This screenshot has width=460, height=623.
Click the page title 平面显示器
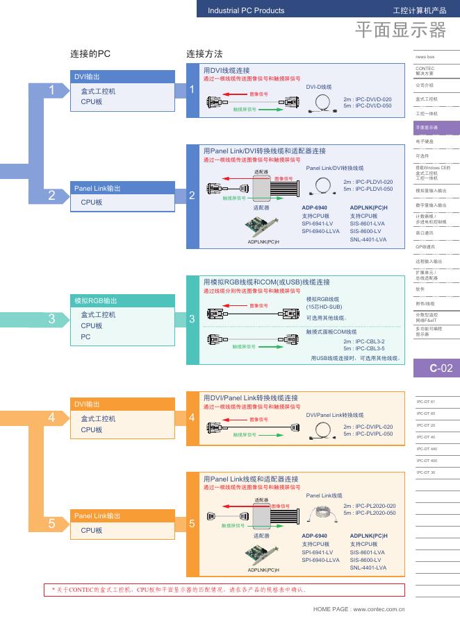[400, 30]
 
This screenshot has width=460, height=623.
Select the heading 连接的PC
[90, 54]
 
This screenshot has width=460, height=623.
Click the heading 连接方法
[204, 54]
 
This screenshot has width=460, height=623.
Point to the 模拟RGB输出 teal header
[96, 301]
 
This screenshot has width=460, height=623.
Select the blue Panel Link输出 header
[97, 188]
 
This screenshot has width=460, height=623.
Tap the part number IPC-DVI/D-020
[372, 99]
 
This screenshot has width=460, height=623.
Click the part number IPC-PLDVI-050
[373, 189]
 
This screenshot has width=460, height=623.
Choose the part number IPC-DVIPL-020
[373, 427]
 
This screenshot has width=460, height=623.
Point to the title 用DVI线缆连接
[226, 71]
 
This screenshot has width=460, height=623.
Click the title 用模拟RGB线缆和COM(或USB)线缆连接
[266, 282]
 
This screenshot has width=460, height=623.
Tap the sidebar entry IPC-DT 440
[427, 449]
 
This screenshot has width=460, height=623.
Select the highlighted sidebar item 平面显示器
[427, 128]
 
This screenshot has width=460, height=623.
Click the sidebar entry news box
[425, 56]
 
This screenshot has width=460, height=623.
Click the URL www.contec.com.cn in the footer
[379, 608]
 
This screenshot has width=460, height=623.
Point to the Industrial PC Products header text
[246, 10]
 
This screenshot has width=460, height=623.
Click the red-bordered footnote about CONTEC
[224, 590]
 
